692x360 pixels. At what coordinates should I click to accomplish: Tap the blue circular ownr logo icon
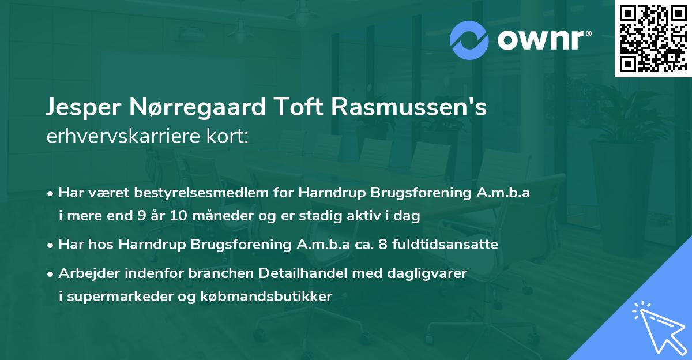tap(469, 40)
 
